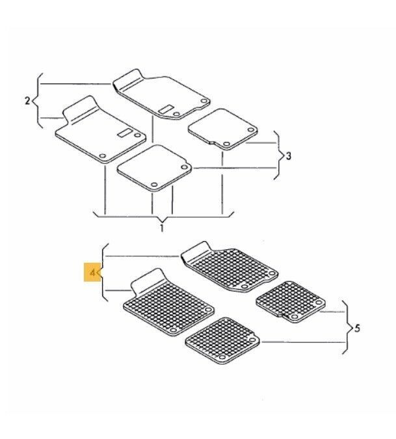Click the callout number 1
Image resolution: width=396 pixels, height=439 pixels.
(162, 228)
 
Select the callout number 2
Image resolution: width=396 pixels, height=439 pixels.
(27, 101)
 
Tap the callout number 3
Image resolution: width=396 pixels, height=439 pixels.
(289, 155)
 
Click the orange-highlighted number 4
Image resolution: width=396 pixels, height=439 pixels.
(92, 272)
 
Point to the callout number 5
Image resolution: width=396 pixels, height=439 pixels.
(357, 328)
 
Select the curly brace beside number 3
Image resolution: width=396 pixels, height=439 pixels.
(278, 155)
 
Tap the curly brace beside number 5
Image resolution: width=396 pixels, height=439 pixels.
(347, 328)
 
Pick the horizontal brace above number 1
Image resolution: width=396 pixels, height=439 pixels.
(163, 216)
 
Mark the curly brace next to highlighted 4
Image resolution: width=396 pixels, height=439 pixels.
(103, 272)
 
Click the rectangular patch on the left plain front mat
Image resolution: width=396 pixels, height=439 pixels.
(125, 133)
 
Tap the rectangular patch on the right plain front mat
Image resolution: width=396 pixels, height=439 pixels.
(166, 109)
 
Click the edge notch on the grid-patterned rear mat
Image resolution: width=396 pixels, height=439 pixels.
(282, 315)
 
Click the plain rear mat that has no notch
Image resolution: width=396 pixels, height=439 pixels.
(155, 168)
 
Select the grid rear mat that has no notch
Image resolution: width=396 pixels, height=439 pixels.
(222, 340)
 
